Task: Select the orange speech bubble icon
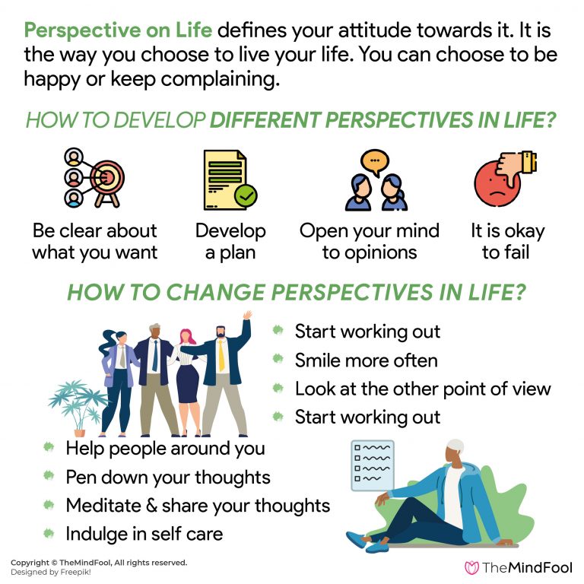point(374,160)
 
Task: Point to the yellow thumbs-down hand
point(521,162)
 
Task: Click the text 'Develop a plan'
point(230,241)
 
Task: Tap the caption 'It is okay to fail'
point(506,241)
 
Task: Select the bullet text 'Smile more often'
point(366,360)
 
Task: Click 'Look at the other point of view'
point(423,389)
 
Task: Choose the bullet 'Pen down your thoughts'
point(168,478)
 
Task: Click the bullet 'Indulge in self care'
point(144,534)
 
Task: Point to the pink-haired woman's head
point(186,337)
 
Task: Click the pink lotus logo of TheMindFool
point(471,567)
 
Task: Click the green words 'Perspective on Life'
point(120,31)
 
